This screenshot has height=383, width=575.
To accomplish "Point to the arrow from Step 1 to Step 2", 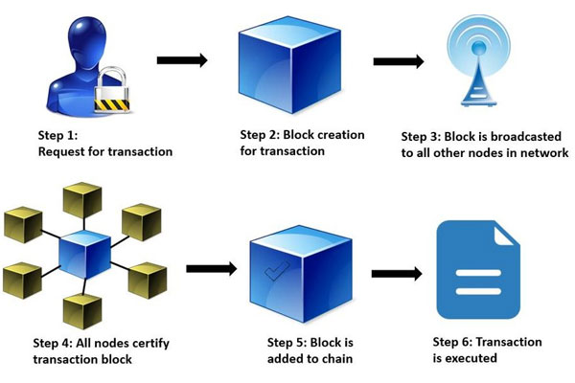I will pos(182,61).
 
